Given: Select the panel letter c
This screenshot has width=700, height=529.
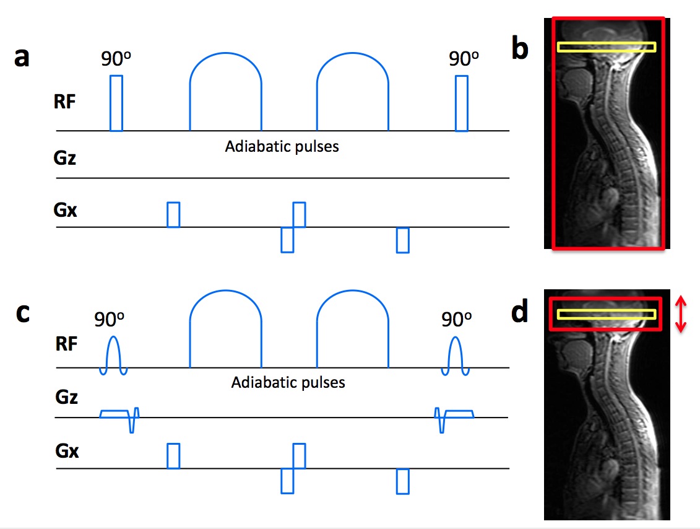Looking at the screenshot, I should click(x=22, y=313).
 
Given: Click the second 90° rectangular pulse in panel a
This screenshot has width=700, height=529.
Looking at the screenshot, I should click(x=461, y=103).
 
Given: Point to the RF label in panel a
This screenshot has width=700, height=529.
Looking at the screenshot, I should click(x=64, y=102).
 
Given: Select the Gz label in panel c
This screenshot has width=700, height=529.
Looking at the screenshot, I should click(x=66, y=396).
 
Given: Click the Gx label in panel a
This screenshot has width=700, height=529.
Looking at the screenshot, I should click(x=66, y=211).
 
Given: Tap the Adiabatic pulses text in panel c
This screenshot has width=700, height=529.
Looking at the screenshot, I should click(x=288, y=382).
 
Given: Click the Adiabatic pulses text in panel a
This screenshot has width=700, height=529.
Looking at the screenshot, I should click(x=282, y=147).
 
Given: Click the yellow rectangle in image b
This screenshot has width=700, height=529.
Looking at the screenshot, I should click(x=606, y=46).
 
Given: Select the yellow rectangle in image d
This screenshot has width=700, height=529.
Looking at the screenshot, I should click(x=606, y=314).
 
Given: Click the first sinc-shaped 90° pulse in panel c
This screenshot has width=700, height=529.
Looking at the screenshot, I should click(x=114, y=355).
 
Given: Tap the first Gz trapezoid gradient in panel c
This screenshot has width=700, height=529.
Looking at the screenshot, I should click(x=114, y=413).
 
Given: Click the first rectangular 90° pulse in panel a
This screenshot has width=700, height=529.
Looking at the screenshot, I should click(x=116, y=103).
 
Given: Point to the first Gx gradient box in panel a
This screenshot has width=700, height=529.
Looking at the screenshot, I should click(x=173, y=214).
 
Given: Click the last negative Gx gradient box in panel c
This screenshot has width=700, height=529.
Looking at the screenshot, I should click(x=403, y=481).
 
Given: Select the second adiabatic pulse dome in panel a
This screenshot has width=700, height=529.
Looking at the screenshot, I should click(x=352, y=96).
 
